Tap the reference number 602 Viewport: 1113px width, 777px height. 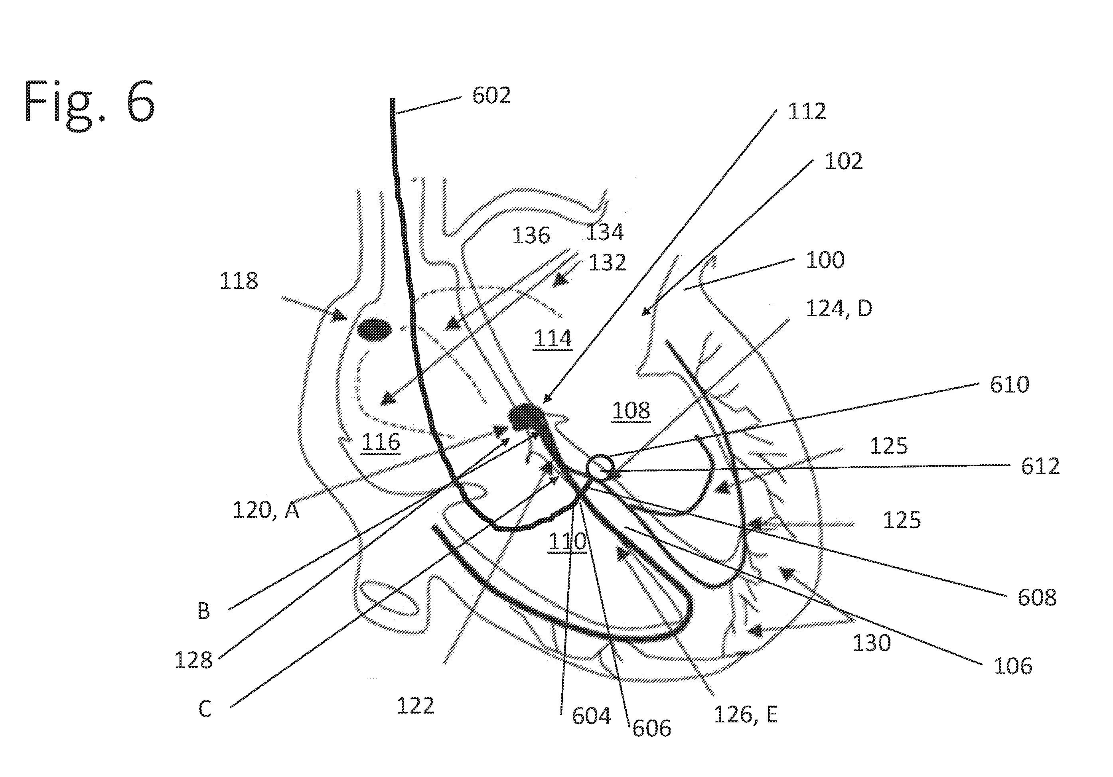(x=491, y=95)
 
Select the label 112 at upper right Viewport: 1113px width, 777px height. (x=807, y=112)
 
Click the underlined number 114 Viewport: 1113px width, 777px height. (x=553, y=338)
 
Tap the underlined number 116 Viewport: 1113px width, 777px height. (x=381, y=442)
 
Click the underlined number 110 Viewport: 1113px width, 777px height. (x=567, y=541)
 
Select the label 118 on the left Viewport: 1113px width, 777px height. (x=239, y=281)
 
